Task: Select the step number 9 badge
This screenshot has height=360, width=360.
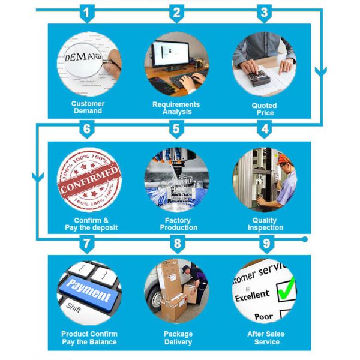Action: tap(264, 244)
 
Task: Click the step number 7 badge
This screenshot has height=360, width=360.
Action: tap(88, 244)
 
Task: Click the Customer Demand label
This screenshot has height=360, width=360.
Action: tap(88, 107)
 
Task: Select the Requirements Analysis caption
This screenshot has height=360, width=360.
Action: tap(176, 107)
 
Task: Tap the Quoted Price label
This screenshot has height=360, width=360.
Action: tap(264, 109)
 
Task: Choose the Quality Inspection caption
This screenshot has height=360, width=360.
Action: tap(265, 224)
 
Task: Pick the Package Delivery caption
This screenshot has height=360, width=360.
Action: tap(178, 338)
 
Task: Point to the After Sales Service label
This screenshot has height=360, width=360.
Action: tap(266, 338)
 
